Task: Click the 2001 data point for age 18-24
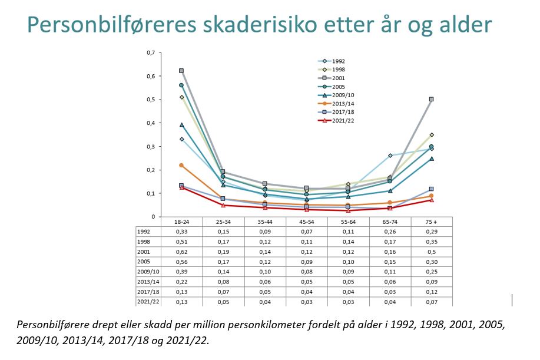(x=181, y=71)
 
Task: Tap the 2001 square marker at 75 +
(x=431, y=99)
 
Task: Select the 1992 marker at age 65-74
(x=390, y=156)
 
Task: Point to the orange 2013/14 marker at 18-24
(x=181, y=166)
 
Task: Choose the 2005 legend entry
(x=332, y=87)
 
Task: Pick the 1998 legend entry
(x=332, y=70)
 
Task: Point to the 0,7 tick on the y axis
(x=151, y=52)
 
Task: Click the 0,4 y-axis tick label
(x=151, y=123)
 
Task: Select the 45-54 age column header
(x=306, y=222)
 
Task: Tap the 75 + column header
(x=431, y=222)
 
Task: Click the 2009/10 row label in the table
(x=148, y=272)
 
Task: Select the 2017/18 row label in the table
(x=148, y=292)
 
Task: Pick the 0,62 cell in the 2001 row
(x=181, y=252)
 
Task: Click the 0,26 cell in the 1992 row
(x=390, y=232)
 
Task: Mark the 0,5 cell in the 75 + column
(x=432, y=252)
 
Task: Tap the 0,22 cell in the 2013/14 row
(x=181, y=282)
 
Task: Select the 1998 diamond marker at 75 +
(x=432, y=135)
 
